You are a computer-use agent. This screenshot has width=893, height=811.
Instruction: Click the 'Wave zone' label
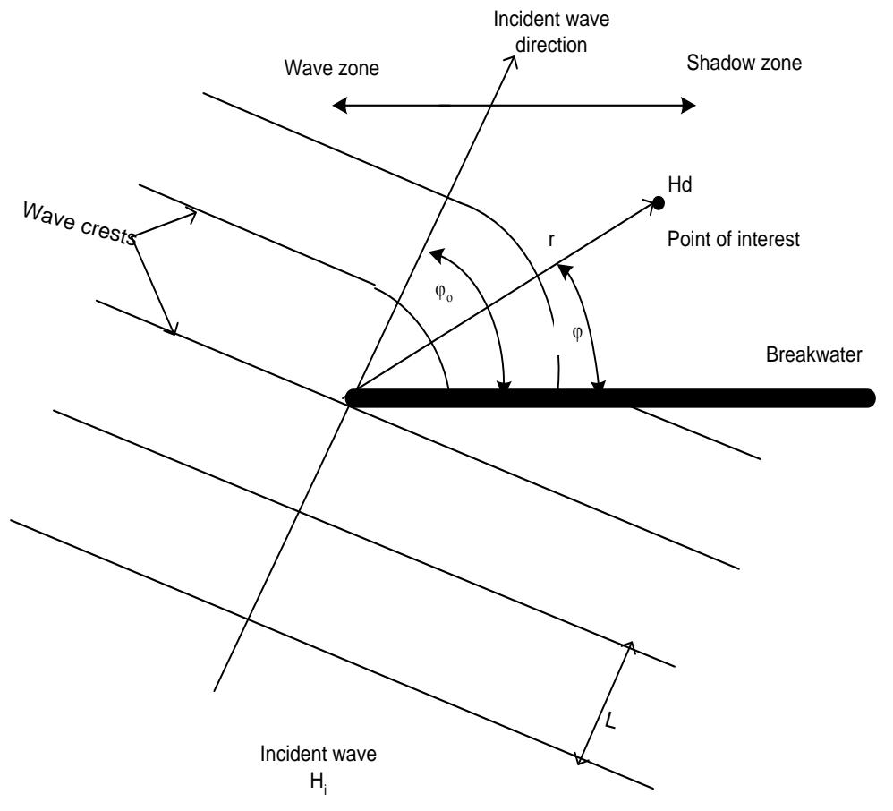[x=331, y=68]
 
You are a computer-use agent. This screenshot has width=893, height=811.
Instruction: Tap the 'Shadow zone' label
[x=744, y=63]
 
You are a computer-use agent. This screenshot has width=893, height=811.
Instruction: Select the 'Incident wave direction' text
[x=551, y=32]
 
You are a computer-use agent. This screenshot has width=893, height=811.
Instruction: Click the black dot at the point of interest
[x=658, y=202]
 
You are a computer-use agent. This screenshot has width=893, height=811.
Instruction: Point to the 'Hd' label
[x=679, y=184]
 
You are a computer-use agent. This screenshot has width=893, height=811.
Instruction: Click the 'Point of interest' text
[x=734, y=239]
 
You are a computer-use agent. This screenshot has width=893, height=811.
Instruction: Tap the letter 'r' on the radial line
[x=551, y=241]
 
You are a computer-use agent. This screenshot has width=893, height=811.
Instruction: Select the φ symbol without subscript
[x=577, y=333]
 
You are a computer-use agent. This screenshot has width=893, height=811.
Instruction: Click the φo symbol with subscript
[x=444, y=293]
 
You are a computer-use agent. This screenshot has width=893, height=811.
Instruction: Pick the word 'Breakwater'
[x=814, y=354]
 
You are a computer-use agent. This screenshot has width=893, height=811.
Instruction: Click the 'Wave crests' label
[x=80, y=223]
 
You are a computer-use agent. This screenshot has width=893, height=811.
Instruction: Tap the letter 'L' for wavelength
[x=610, y=722]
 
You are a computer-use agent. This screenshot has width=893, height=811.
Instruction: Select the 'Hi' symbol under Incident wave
[x=319, y=783]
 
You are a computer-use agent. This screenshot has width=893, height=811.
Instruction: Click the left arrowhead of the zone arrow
[x=339, y=106]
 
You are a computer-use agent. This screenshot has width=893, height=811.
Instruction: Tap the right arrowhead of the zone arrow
[x=689, y=106]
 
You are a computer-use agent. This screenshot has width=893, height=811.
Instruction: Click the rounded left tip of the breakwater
[x=350, y=397]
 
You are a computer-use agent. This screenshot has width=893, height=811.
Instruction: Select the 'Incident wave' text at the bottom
[x=319, y=754]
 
